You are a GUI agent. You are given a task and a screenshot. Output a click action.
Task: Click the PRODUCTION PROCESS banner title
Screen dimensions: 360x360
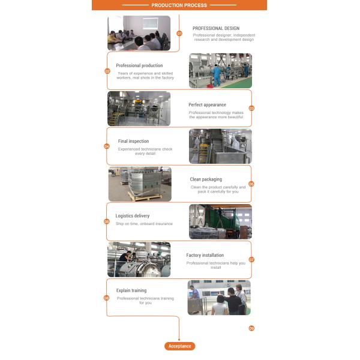[179, 5]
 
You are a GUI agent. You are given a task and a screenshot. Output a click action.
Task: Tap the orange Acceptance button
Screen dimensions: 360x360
[180, 346]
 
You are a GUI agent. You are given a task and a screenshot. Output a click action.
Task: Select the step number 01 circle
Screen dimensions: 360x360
[179, 34]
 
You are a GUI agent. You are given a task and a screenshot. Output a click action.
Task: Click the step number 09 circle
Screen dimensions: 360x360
[251, 328]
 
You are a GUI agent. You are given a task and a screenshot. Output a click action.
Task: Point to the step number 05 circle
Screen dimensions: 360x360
[251, 184]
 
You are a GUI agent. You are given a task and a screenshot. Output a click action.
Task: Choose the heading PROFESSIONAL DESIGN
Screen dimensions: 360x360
[216, 28]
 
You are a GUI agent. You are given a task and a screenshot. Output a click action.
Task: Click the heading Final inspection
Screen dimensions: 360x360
[133, 141]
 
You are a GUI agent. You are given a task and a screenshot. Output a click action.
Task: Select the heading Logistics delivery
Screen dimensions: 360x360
[133, 216]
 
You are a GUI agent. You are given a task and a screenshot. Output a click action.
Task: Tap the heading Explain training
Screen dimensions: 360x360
[131, 290]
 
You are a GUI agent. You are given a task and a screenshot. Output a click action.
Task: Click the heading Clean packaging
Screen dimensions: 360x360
[206, 179]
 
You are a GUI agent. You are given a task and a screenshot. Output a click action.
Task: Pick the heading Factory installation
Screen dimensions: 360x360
[205, 255]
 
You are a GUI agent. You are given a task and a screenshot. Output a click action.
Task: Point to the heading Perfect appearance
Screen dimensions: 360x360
[208, 104]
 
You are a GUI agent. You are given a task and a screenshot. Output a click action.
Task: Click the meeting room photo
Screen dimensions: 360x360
[139, 33]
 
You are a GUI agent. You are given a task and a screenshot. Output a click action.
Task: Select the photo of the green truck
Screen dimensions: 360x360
[220, 222]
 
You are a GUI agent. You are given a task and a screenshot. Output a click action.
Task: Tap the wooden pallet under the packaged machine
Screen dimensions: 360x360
[145, 196]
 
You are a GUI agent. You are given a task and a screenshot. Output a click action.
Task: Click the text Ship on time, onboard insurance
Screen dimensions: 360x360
[144, 224]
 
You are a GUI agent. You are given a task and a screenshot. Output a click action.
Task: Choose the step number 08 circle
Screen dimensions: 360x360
[107, 298]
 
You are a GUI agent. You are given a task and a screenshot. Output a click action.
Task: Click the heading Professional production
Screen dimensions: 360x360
[139, 65]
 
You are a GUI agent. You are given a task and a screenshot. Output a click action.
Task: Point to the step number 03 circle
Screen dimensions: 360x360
[251, 108]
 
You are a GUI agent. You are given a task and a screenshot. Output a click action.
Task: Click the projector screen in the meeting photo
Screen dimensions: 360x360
[151, 23]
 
